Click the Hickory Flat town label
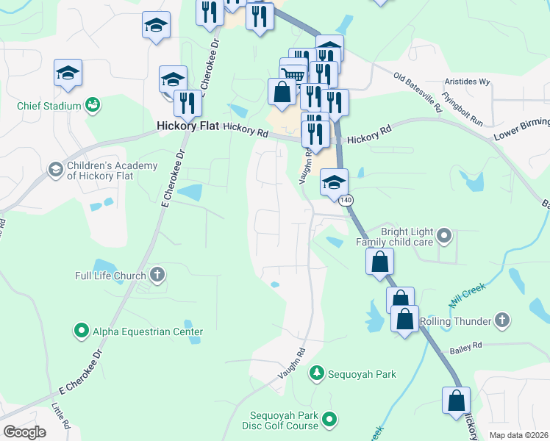tap(188, 126)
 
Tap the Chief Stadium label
tap(49, 106)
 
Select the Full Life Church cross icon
tap(157, 276)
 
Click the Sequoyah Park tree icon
tap(317, 373)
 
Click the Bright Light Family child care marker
tap(443, 236)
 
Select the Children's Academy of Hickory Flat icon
tap(55, 171)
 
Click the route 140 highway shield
tap(346, 200)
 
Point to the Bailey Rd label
tap(467, 345)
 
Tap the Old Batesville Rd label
tap(418, 91)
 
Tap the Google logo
tap(24, 432)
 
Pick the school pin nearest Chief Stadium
tap(68, 73)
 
